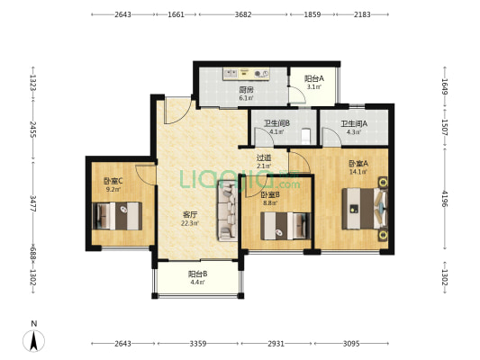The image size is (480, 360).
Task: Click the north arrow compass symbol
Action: coord(33,340)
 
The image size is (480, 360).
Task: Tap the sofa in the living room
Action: coord(228,211)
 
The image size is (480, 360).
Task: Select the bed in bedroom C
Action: coord(117,216)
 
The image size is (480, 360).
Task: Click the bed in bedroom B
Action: coord(285,226)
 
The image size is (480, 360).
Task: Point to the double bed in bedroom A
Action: coord(365,208)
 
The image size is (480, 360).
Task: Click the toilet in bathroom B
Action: coord(306,136)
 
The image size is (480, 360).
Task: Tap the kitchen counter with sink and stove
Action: coord(246,74)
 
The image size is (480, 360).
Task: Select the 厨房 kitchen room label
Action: coord(246,90)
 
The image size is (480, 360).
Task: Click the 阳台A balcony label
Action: coord(314,78)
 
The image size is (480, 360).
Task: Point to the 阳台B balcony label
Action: coord(198,274)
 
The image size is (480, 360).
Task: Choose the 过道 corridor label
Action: coord(264,157)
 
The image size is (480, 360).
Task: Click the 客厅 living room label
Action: coord(190,215)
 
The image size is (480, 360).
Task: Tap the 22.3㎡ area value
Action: coord(190,223)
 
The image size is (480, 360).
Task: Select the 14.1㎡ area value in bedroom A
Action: coord(358,172)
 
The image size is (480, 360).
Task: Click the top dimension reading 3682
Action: coord(243,14)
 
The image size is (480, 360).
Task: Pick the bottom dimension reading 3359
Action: coord(198,344)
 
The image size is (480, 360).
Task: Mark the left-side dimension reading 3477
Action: coord(33,203)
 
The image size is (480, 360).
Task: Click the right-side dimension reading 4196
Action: coord(445,199)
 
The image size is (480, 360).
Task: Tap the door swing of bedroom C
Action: coord(146,175)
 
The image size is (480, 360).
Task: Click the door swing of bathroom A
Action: coord(331,137)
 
